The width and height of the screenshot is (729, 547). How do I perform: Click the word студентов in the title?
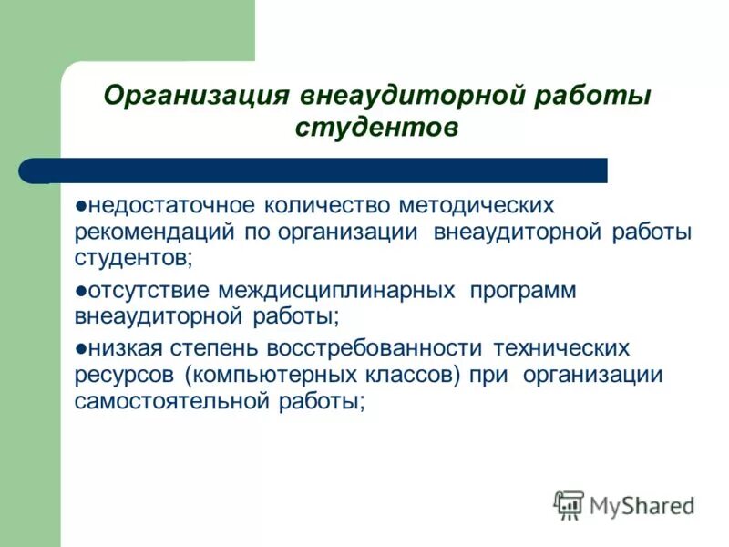(376, 128)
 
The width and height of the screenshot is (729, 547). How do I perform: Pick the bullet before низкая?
(81, 348)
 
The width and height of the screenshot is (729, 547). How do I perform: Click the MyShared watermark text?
(642, 504)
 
